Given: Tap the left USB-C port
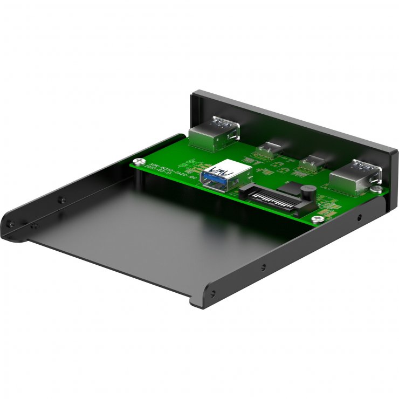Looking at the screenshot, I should click(268, 150).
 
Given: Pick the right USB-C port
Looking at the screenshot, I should click(311, 162).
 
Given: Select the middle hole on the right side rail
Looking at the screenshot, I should click(263, 266).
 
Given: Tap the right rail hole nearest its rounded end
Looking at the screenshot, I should click(213, 294).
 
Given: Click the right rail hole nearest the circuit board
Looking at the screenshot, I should click(360, 218).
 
